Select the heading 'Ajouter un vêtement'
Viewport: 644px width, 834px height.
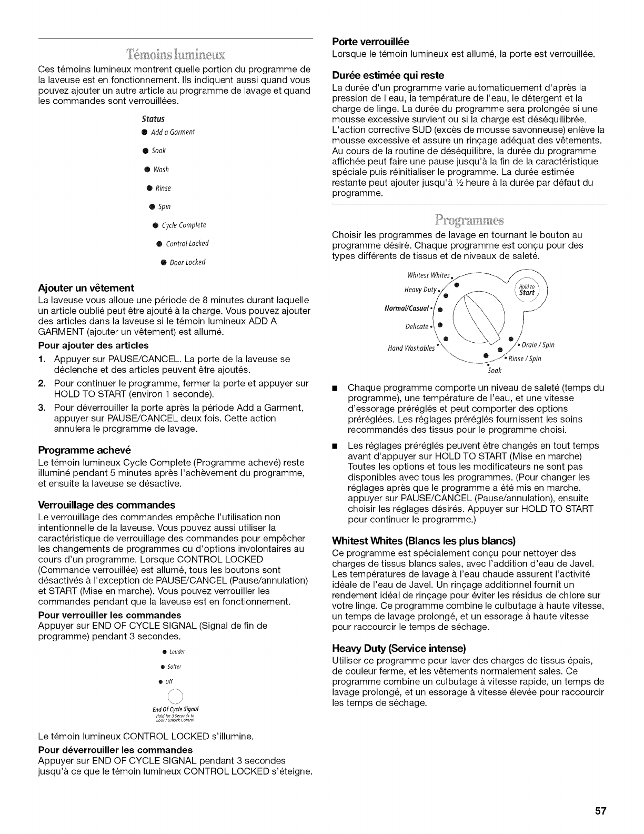[x=86, y=288]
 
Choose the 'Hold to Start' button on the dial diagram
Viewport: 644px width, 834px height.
[x=527, y=290]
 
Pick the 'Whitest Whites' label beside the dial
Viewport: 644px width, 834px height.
[x=429, y=275]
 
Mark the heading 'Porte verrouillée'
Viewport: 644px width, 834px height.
[x=371, y=42]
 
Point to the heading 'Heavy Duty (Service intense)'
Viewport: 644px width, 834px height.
[x=399, y=648]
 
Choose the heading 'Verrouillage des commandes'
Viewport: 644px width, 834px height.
[x=107, y=505]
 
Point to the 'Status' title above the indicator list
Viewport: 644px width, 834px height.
[x=157, y=118]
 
